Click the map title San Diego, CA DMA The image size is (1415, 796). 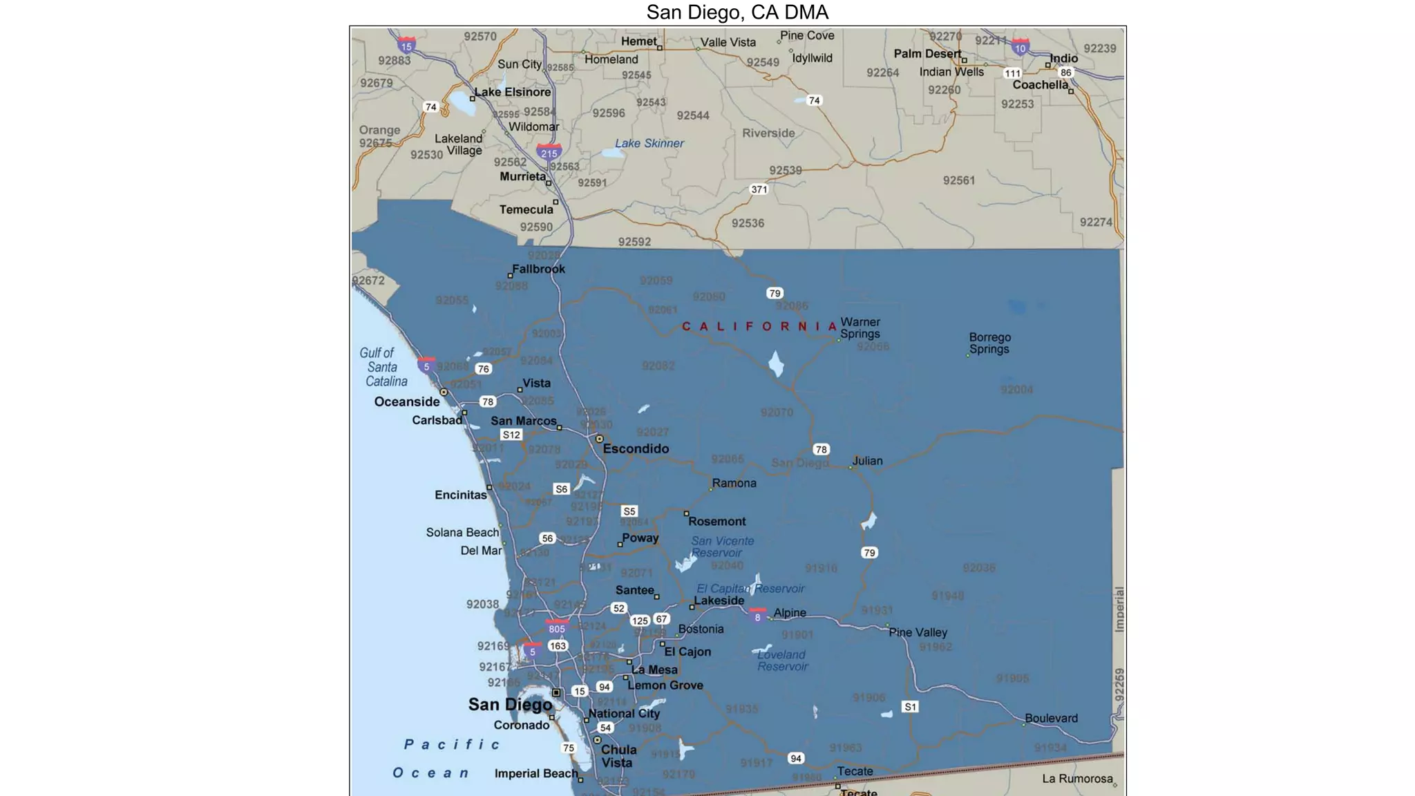[x=737, y=12]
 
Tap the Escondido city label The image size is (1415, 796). [x=636, y=448]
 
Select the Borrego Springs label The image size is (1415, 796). [x=989, y=343]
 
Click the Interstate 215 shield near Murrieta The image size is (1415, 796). [x=549, y=153]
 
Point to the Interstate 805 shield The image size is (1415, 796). [x=557, y=628]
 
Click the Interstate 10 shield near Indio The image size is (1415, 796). [x=1020, y=48]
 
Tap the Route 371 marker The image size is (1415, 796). [x=759, y=189]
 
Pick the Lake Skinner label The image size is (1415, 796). [x=649, y=144]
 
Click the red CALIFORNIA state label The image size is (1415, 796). [x=760, y=326]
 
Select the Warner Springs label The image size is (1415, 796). [x=860, y=328]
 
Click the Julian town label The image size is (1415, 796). [x=867, y=461]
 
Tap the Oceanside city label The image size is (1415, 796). [x=407, y=402]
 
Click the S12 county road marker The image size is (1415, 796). [x=511, y=435]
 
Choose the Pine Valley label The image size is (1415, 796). [x=918, y=632]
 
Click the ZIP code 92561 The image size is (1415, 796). [x=959, y=180]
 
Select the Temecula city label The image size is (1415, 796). [x=526, y=209]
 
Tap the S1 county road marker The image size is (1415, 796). [x=911, y=707]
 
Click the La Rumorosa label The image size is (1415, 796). [x=1077, y=779]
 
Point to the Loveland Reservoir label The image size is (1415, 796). [x=782, y=661]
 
